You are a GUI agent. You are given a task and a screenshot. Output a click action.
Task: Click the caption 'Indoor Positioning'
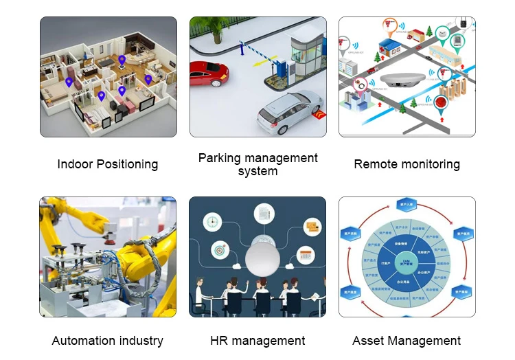[108, 164]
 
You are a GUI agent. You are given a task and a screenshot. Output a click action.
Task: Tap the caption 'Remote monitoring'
[407, 164]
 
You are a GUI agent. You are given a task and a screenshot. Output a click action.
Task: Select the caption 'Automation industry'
[108, 341]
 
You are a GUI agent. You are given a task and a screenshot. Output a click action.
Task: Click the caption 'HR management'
[257, 341]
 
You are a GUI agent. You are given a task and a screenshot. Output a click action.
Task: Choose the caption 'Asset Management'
[407, 341]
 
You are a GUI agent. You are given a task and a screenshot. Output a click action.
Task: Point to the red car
[208, 74]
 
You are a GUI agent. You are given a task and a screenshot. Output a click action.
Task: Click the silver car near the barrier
[286, 112]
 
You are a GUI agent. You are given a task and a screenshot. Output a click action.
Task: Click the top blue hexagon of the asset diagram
[407, 205]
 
